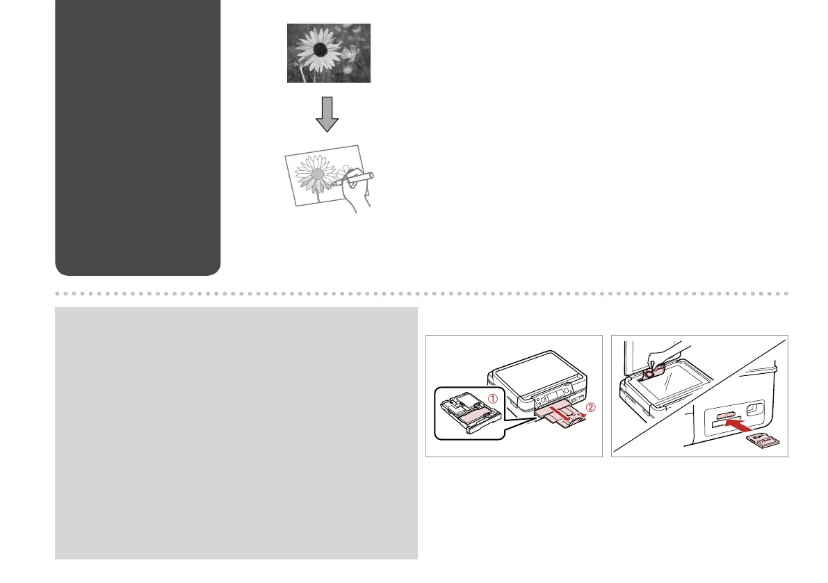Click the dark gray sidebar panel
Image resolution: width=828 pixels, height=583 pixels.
coord(138,138)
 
